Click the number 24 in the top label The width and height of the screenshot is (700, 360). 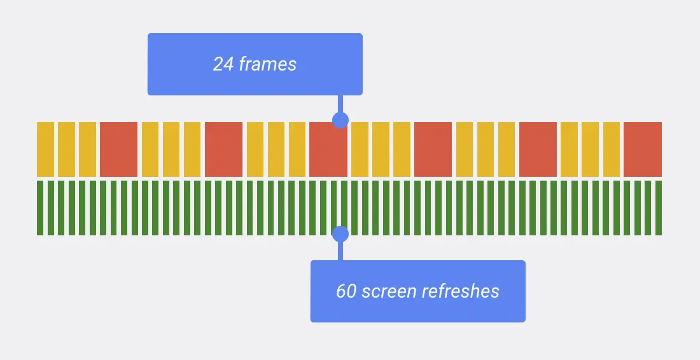(223, 64)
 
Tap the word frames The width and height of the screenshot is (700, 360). (268, 64)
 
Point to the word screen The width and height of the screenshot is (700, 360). (391, 291)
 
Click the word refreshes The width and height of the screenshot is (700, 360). (463, 291)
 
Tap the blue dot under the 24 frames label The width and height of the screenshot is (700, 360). (340, 120)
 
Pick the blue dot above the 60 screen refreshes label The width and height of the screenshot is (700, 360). (340, 234)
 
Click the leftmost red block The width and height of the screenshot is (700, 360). (118, 149)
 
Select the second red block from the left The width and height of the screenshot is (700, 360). (223, 149)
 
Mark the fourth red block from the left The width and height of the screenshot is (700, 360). (433, 149)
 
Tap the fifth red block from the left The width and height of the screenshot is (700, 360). (538, 149)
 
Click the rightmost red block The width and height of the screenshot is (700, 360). (643, 149)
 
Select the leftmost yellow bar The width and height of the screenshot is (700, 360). (45, 149)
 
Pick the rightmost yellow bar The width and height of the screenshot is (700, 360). (612, 149)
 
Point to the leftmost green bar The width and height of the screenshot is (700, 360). (40, 208)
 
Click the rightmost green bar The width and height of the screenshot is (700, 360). (659, 208)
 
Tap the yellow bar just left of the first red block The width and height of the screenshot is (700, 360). (87, 149)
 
